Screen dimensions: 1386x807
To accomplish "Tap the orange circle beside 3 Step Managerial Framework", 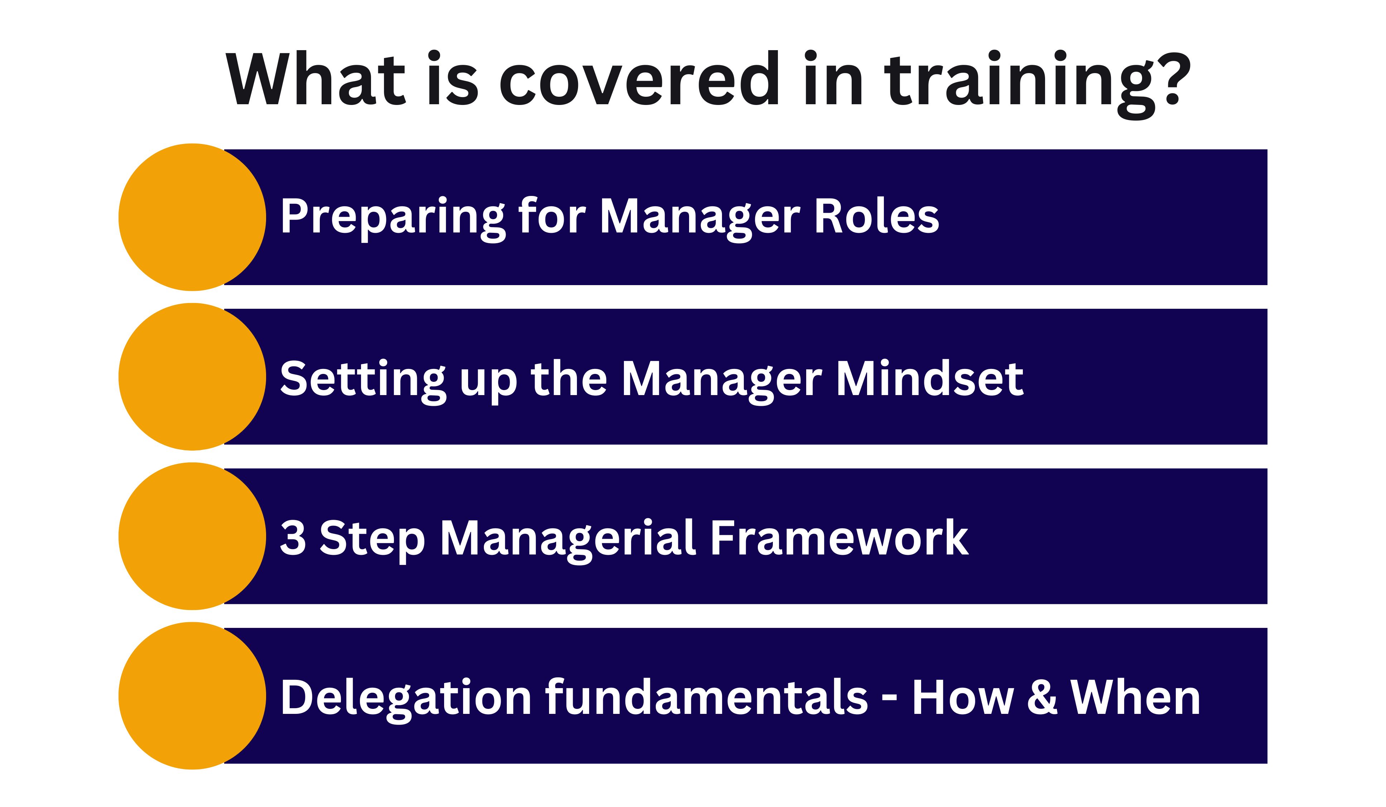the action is pyautogui.click(x=192, y=536).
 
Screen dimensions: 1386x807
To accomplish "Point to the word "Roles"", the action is pyautogui.click(x=877, y=216).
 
